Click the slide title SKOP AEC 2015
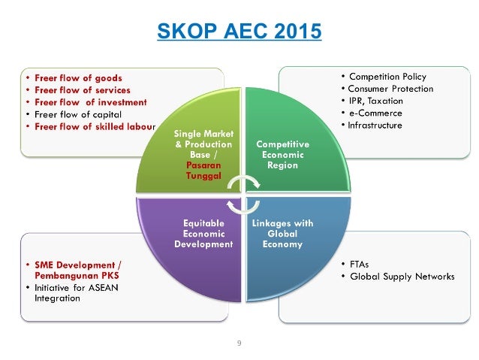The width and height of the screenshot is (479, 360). tap(239, 32)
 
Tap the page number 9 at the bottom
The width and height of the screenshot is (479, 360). tap(239, 343)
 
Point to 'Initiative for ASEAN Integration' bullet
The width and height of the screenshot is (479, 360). tap(75, 293)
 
